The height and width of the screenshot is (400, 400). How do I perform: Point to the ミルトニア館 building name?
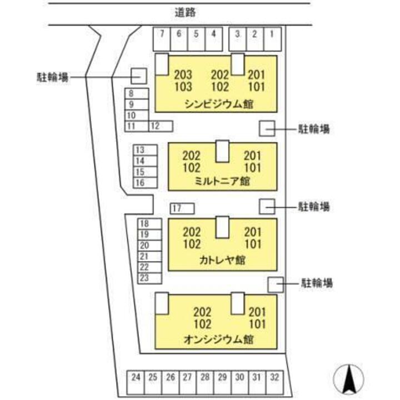click(x=222, y=181)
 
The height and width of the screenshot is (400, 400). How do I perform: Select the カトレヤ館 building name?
click(x=222, y=260)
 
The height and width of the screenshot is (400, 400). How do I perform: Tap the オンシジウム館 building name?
click(x=221, y=338)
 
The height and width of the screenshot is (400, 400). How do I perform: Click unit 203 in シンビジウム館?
click(x=183, y=75)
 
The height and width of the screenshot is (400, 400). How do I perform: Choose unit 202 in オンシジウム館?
click(x=203, y=312)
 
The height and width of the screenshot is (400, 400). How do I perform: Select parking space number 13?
click(x=141, y=150)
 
